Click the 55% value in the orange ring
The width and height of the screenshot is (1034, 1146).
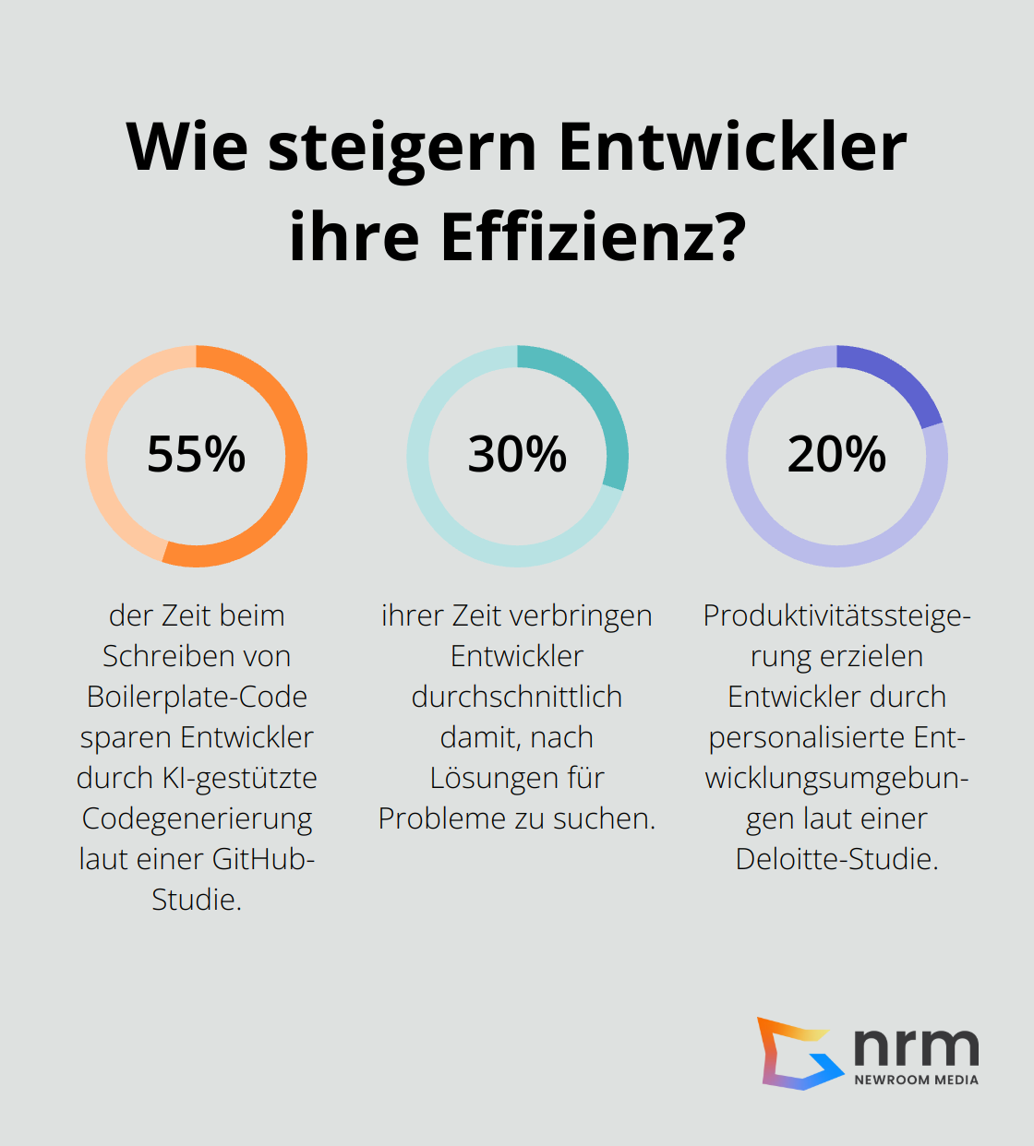pos(196,455)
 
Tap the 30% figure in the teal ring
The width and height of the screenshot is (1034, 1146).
pos(517,455)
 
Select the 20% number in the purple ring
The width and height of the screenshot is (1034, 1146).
pos(836,455)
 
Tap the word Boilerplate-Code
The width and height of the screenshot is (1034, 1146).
pos(197,697)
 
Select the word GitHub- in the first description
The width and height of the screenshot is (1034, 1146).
pos(263,859)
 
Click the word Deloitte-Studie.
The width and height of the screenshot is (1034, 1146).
pos(836,859)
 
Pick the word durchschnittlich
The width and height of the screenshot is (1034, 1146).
pos(517,697)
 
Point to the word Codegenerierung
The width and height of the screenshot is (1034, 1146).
pos(197,818)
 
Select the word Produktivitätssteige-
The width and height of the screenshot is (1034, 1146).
pos(836,615)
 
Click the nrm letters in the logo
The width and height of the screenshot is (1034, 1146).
pos(915,1047)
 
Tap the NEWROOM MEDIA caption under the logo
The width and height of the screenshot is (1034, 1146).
pos(916,1080)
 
